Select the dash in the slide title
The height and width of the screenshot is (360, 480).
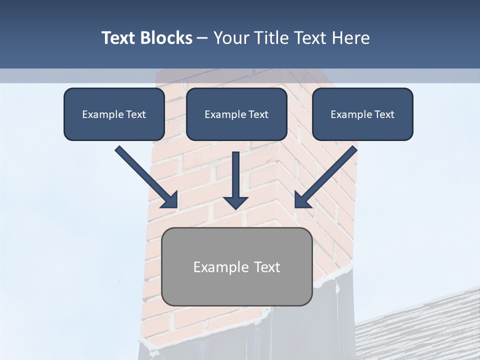click(x=202, y=38)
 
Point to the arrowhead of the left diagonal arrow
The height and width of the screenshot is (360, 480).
click(x=170, y=200)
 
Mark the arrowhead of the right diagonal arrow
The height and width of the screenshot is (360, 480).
click(x=302, y=200)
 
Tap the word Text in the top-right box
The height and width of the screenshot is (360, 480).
click(x=384, y=114)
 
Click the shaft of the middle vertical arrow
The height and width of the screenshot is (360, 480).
click(x=235, y=172)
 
